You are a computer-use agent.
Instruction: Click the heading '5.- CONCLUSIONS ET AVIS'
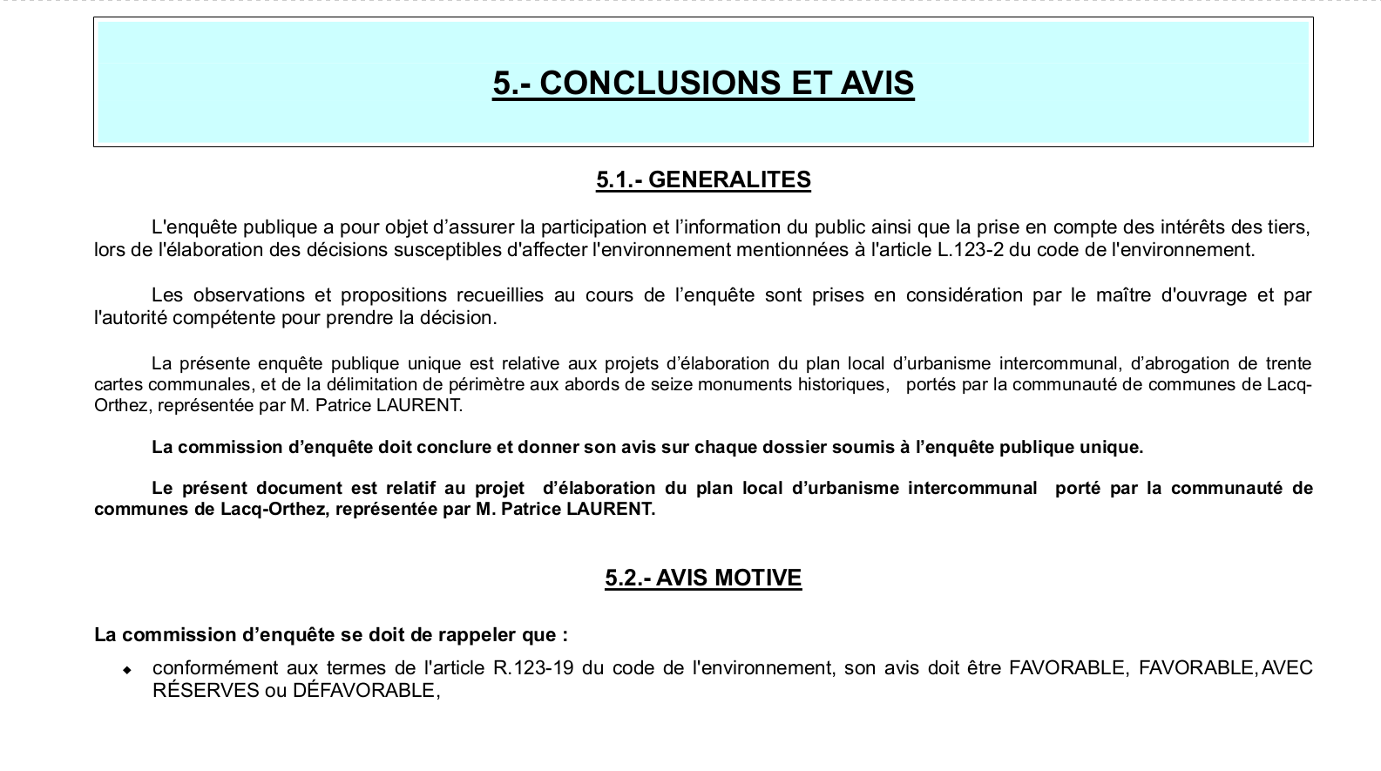(x=703, y=83)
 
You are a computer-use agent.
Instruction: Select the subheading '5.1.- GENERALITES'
(x=703, y=180)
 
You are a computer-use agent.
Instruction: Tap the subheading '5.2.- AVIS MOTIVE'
(x=703, y=578)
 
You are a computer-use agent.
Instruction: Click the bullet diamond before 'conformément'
(x=127, y=670)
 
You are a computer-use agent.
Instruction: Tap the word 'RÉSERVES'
(x=206, y=691)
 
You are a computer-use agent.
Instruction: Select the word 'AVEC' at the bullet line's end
(x=1287, y=668)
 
